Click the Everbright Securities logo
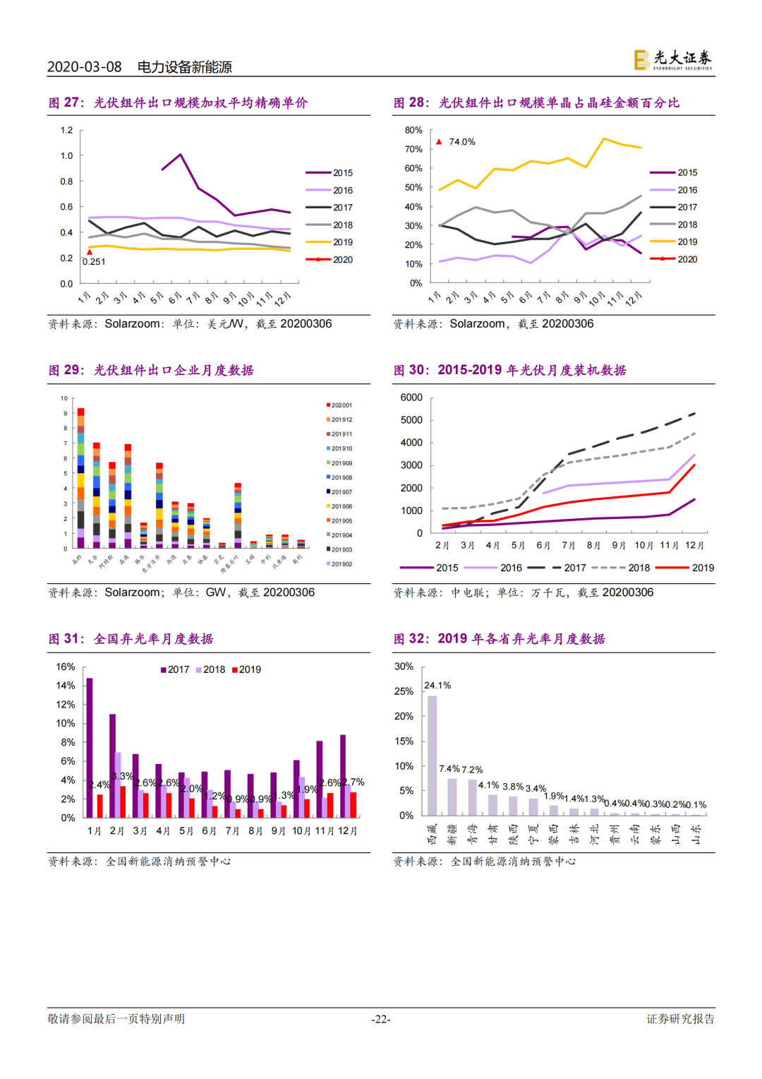pos(672,59)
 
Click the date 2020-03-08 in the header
pos(84,67)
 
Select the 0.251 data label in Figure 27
pos(94,262)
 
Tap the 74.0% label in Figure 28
pos(462,142)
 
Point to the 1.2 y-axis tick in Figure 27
pos(67,130)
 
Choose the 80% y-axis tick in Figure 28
pos(413,130)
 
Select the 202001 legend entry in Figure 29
pos(341,405)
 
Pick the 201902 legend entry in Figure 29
pos(341,564)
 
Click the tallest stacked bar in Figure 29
pos(80,478)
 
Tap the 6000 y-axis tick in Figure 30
pos(411,398)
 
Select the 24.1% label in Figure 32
pos(437,686)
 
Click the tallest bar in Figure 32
pos(432,756)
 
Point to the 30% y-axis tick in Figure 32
pos(404,667)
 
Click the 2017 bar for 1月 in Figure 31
pos(90,748)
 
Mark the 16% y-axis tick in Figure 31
pos(66,667)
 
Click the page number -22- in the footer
pos(381,1019)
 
